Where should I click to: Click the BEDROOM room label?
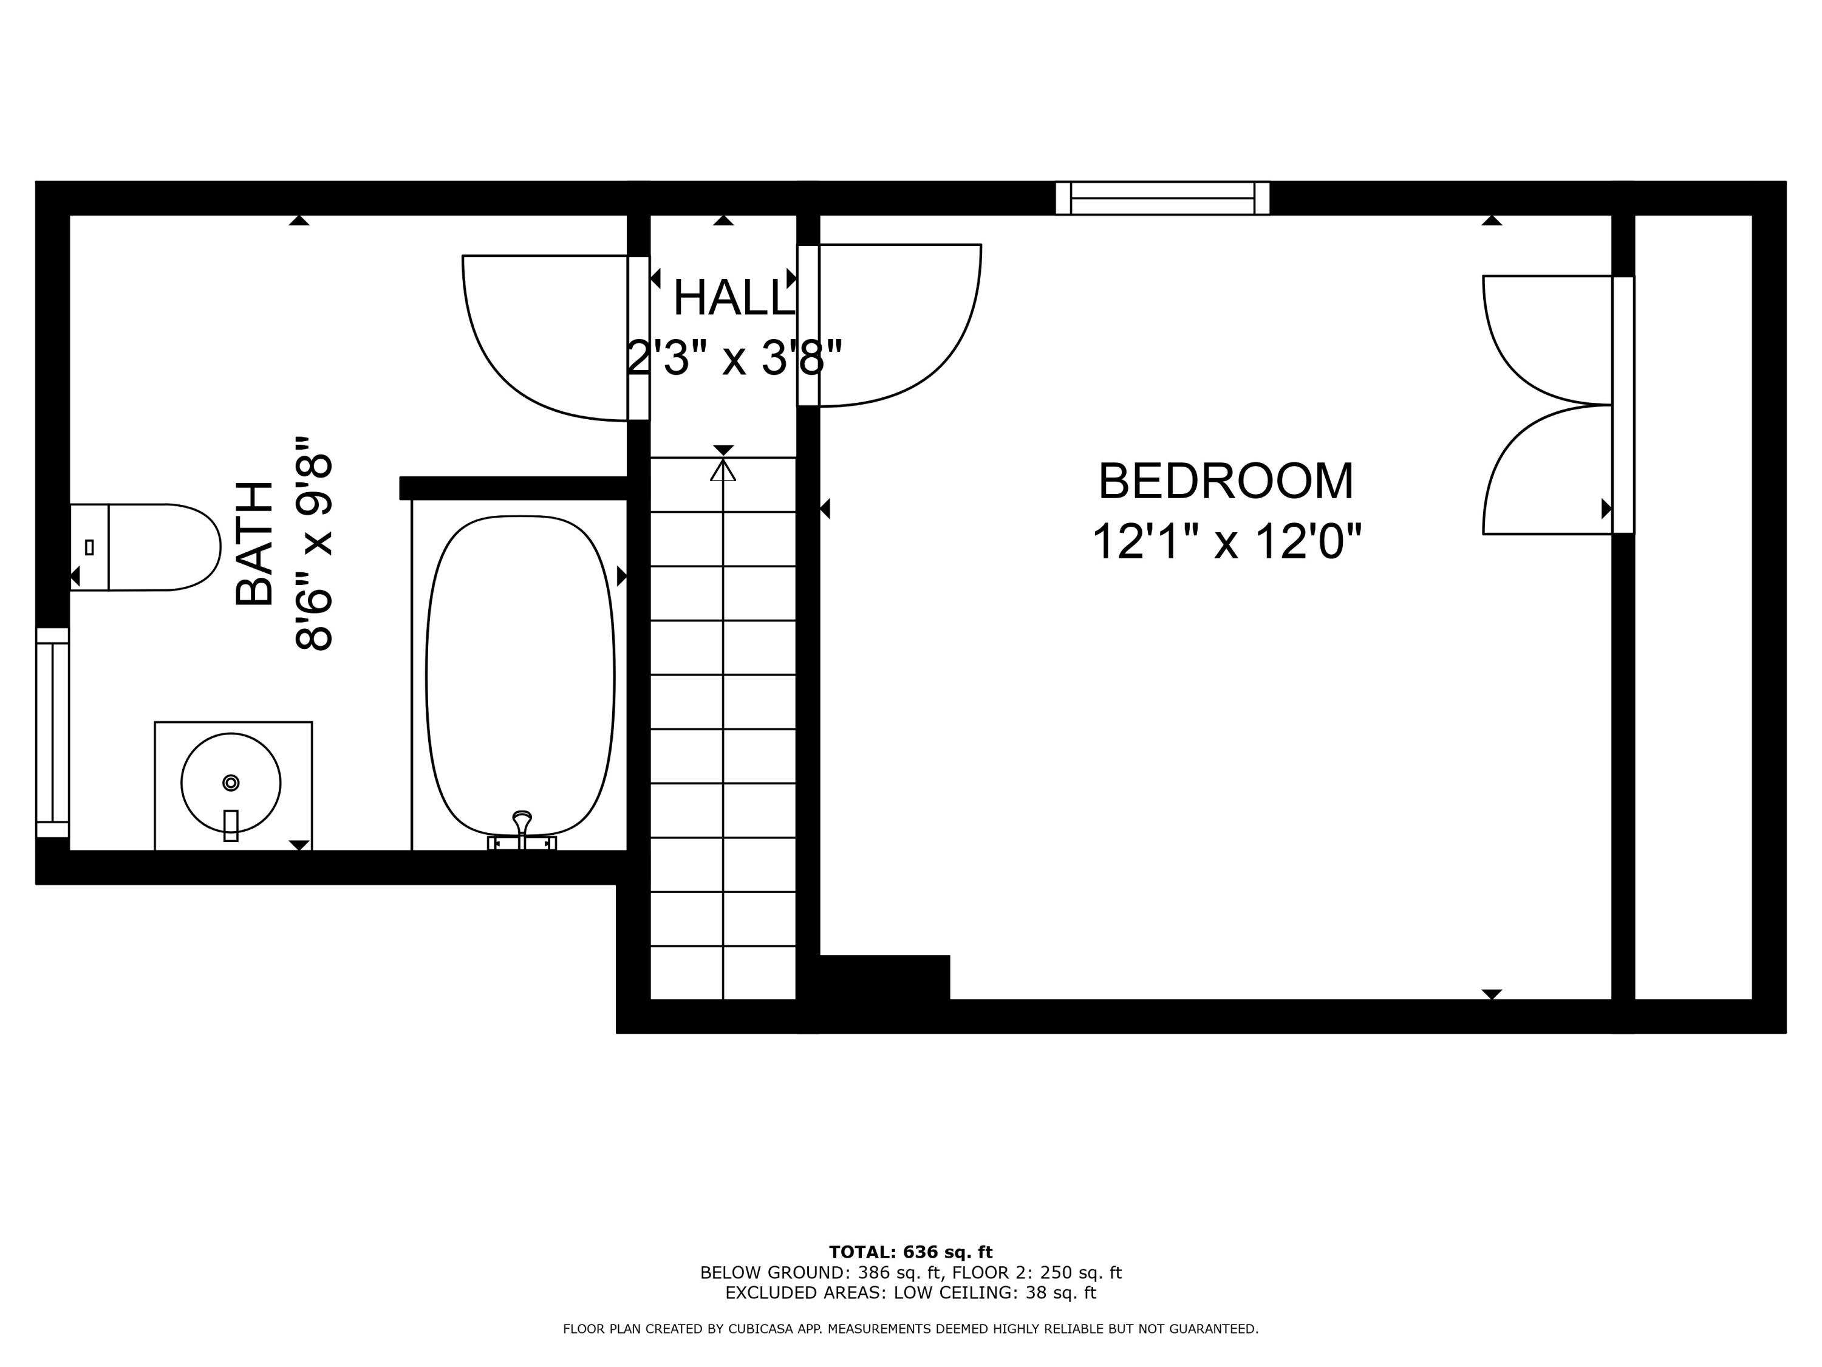[1226, 482]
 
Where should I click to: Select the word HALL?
[732, 298]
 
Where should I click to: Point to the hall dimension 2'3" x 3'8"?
[734, 358]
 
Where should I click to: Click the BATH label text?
[254, 544]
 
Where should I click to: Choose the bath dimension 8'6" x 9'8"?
[315, 544]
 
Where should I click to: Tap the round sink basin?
[231, 783]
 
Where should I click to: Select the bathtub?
[520, 676]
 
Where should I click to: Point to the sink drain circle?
[231, 782]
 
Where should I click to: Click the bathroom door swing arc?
[527, 354]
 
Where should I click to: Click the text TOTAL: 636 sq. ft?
[910, 1252]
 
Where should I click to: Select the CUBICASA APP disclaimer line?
[910, 1328]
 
